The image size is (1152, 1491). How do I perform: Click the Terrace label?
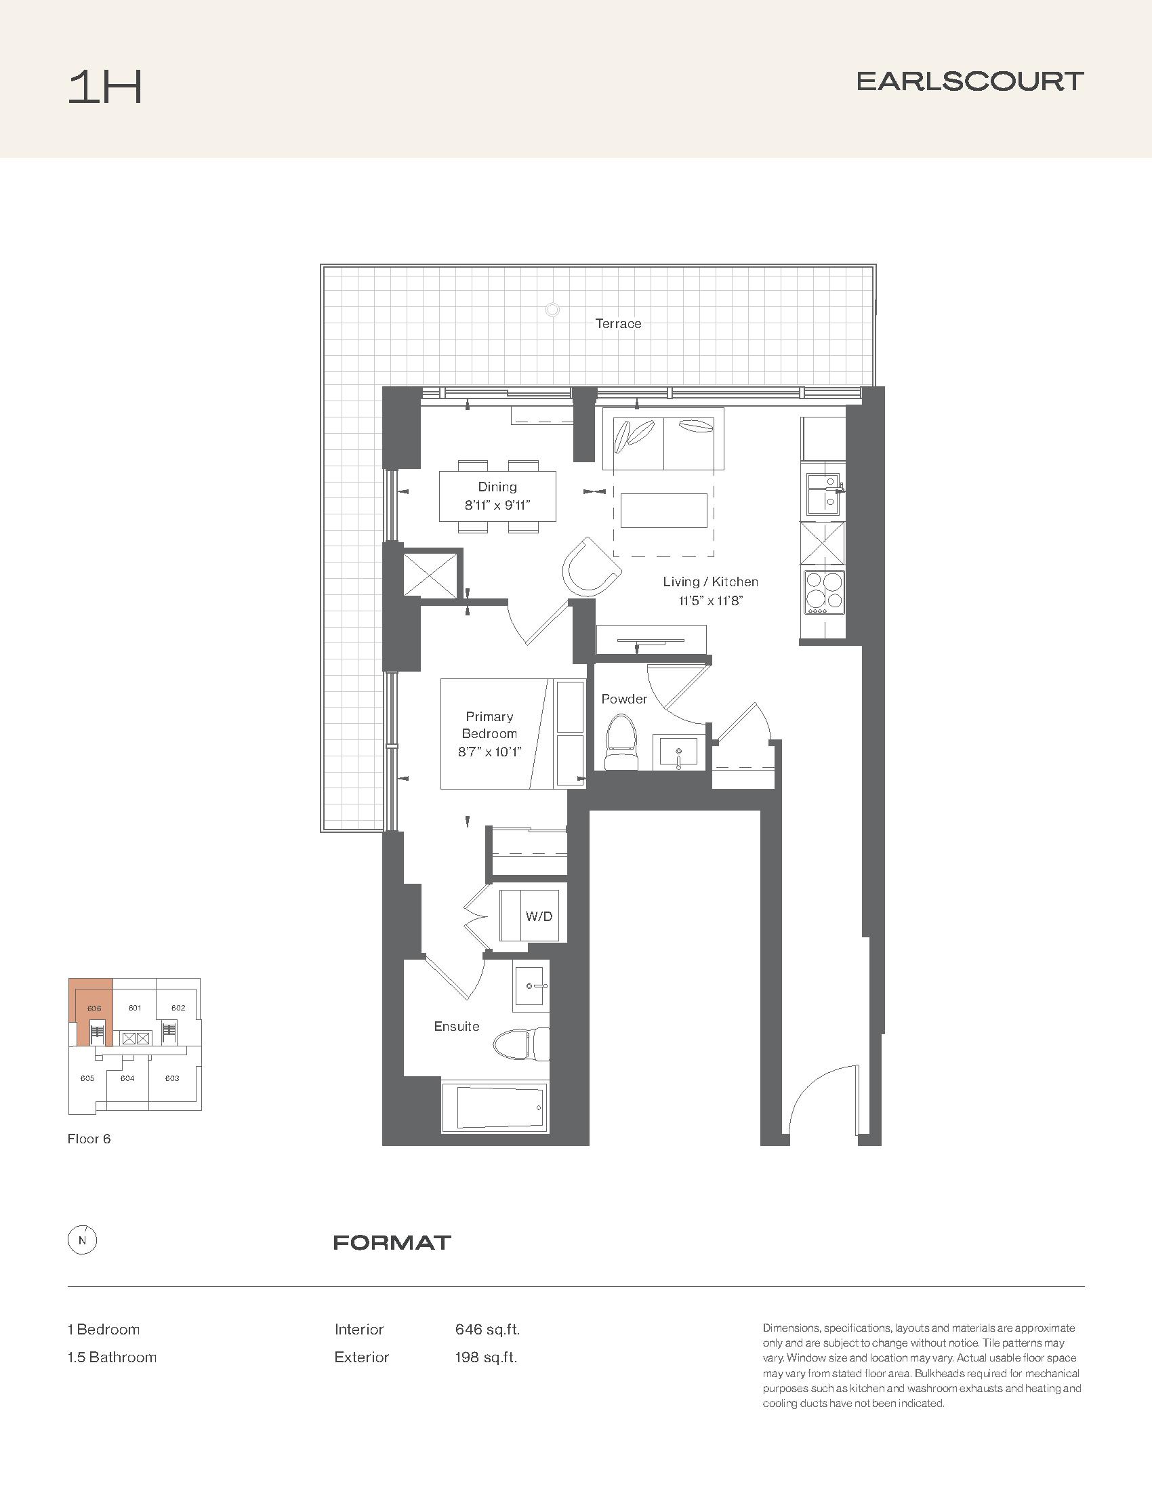[x=618, y=323]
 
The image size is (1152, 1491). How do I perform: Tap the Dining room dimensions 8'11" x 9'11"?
[x=497, y=506]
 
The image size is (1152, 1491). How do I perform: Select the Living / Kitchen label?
[x=710, y=581]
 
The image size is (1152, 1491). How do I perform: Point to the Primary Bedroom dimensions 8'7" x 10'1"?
[x=489, y=752]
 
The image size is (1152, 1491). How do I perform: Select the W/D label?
[x=539, y=916]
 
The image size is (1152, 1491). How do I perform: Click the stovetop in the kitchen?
[x=824, y=592]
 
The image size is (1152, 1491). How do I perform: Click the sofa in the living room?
[x=663, y=439]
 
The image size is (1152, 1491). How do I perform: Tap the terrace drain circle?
[x=552, y=310]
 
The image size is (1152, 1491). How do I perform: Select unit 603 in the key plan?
[x=172, y=1079]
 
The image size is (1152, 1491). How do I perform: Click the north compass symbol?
[x=83, y=1241]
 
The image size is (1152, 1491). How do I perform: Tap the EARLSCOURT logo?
[x=970, y=81]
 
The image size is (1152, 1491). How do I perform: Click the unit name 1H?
[x=105, y=89]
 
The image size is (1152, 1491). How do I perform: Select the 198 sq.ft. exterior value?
[x=486, y=1357]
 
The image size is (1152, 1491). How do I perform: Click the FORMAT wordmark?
[x=392, y=1242]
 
